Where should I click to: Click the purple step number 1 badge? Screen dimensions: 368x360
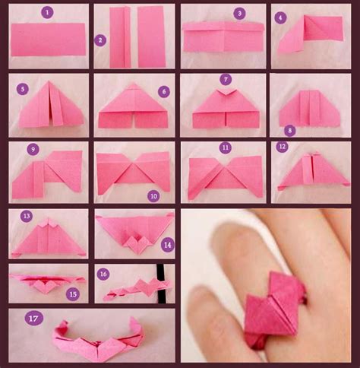[x=47, y=12]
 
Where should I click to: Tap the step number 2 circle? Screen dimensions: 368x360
[x=100, y=40]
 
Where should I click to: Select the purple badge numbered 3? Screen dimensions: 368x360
[x=239, y=13]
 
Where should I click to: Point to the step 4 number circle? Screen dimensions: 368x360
[x=281, y=17]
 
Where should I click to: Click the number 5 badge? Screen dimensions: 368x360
[x=24, y=89]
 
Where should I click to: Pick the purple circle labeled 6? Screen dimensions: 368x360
[x=163, y=90]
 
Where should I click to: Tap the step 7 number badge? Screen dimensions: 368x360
[x=225, y=80]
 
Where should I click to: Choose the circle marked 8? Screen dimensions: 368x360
[x=289, y=130]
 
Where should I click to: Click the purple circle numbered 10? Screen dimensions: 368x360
[x=153, y=195]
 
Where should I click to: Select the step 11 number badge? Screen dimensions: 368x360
[x=225, y=147]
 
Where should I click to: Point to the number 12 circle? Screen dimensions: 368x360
[x=283, y=147]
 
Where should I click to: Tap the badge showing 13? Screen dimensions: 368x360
[x=27, y=217]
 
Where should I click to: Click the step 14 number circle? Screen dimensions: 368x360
[x=167, y=244]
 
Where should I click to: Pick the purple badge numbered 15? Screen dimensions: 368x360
[x=72, y=293]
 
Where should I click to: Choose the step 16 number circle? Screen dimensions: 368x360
[x=103, y=273]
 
